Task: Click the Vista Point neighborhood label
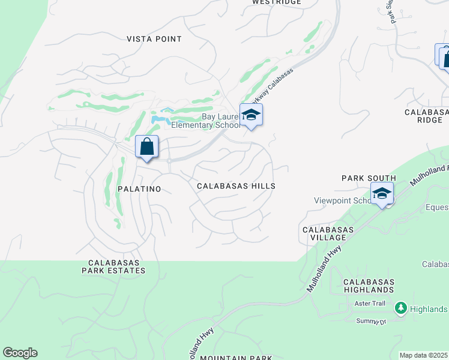[154, 39]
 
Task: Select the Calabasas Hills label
[236, 186]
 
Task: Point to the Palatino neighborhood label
[139, 189]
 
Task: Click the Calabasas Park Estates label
[116, 266]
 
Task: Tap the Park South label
[369, 178]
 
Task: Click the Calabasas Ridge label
[426, 116]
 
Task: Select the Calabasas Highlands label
[369, 286]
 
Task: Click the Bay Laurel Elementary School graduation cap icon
[251, 115]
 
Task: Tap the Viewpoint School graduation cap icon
[382, 194]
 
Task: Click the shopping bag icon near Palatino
[147, 147]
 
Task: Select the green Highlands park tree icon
[400, 308]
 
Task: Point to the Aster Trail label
[370, 304]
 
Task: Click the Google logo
[20, 353]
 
